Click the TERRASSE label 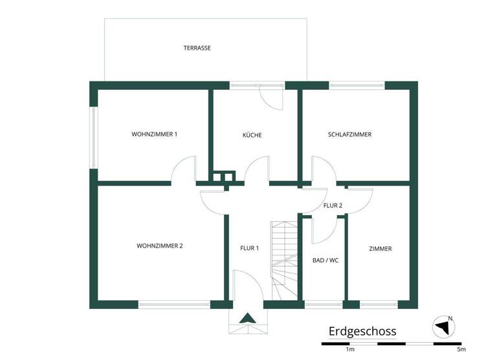[x=197, y=48]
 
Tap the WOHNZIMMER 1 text [x=154, y=134]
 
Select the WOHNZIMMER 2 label [x=159, y=246]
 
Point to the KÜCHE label [x=252, y=135]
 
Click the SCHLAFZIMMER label [x=349, y=134]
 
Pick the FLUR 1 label [x=249, y=248]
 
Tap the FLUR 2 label [x=333, y=206]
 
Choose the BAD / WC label [x=325, y=261]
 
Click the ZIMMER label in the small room [x=380, y=249]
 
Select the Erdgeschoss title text [x=362, y=332]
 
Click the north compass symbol [x=443, y=326]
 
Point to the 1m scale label [x=350, y=349]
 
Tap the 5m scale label [x=461, y=349]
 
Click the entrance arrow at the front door [x=247, y=317]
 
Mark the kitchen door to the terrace [x=272, y=97]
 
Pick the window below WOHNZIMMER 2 [x=174, y=304]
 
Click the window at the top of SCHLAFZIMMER [x=357, y=85]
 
